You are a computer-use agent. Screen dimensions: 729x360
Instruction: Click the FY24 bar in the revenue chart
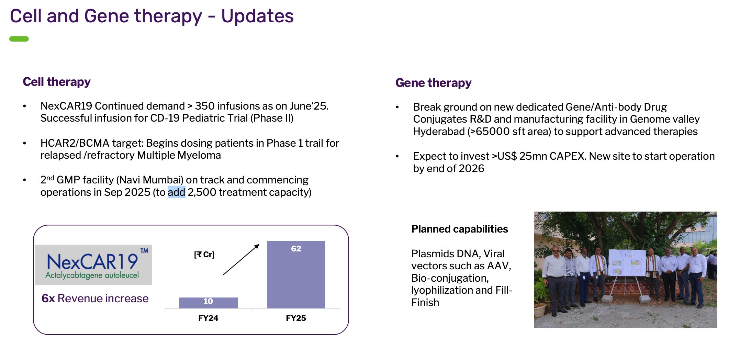pos(208,303)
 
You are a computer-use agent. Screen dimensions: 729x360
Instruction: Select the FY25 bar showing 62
pos(296,274)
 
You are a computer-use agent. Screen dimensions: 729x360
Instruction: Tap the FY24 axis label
pos(208,318)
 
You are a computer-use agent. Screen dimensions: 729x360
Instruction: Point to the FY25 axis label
pos(296,318)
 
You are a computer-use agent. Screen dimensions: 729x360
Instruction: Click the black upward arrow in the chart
pos(241,260)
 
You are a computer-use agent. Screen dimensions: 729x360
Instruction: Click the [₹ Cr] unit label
pos(204,255)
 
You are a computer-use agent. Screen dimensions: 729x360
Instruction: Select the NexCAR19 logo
pos(93,265)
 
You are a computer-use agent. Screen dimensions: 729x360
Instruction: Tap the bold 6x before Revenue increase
pos(48,299)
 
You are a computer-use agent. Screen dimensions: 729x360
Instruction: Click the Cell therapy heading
pos(57,82)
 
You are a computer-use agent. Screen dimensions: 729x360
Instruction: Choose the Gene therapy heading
pos(434,83)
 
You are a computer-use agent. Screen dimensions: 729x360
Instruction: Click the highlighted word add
pos(177,192)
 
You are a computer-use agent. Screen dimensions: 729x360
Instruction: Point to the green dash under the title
pos(19,39)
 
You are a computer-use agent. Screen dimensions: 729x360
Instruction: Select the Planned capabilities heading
pos(460,229)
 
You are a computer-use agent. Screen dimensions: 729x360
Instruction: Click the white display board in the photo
pos(627,262)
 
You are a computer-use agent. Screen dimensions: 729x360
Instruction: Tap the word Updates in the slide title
pos(257,16)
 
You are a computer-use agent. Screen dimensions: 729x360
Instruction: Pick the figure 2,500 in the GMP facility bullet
pos(202,192)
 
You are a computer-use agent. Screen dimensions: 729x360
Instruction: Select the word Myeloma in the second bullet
pos(199,155)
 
